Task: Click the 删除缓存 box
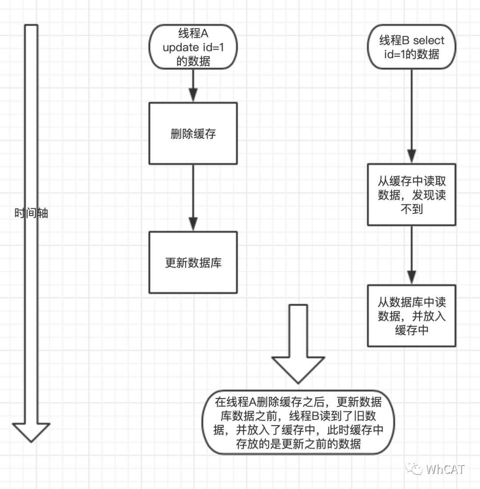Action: pyautogui.click(x=193, y=134)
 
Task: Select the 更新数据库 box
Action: pyautogui.click(x=193, y=262)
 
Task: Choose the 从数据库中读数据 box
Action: pyautogui.click(x=411, y=316)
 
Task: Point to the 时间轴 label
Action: pyautogui.click(x=31, y=213)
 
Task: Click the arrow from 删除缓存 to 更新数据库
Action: pyautogui.click(x=193, y=198)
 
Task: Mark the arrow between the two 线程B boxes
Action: pyautogui.click(x=411, y=256)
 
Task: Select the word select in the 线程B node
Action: pyautogui.click(x=428, y=40)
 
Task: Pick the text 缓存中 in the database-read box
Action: pyautogui.click(x=411, y=330)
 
